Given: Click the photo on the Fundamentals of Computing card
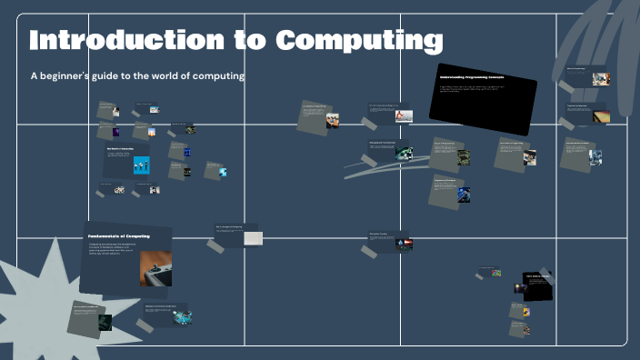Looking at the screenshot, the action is (155, 268).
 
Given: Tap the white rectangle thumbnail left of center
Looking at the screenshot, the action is (253, 238).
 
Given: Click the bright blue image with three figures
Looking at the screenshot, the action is (141, 165).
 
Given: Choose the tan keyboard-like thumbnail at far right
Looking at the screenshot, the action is (601, 116).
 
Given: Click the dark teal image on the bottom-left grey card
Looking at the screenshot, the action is (105, 322).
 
